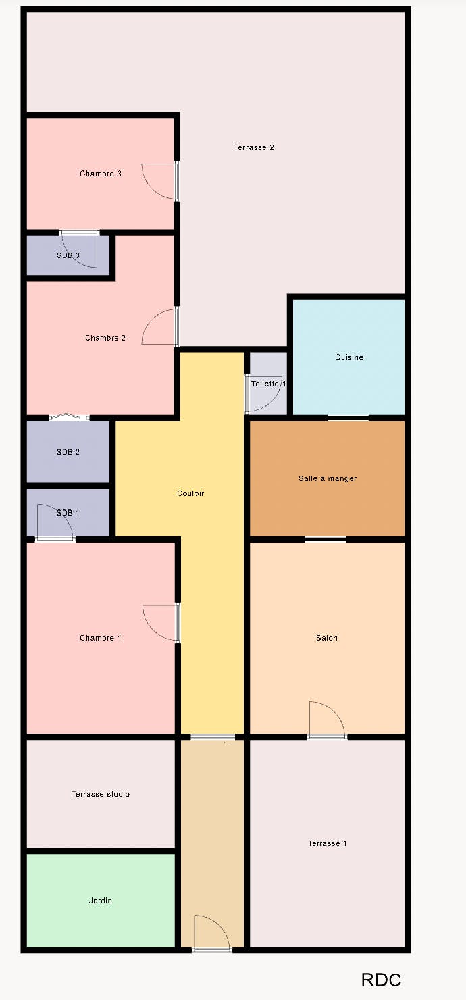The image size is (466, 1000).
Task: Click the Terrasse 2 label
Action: tap(253, 147)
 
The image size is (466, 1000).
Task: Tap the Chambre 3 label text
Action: tap(101, 174)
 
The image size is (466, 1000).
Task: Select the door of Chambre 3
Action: tap(160, 181)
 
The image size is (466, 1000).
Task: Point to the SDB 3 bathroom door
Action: tap(80, 249)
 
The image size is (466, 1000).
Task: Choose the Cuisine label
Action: tap(349, 357)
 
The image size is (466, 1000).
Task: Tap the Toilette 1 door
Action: tap(263, 393)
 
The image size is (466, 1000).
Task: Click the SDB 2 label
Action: tap(68, 452)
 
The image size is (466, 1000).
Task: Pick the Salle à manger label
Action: tap(328, 478)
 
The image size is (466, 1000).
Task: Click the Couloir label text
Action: tap(190, 493)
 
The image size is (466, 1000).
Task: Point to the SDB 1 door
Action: tap(55, 522)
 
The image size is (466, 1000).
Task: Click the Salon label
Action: tap(327, 638)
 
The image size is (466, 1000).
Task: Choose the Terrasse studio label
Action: tap(101, 794)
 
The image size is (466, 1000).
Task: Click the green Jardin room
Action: tap(101, 901)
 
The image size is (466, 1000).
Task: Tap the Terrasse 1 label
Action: tap(327, 843)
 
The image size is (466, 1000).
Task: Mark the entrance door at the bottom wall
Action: tap(213, 934)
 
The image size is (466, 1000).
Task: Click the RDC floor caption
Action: tap(381, 980)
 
